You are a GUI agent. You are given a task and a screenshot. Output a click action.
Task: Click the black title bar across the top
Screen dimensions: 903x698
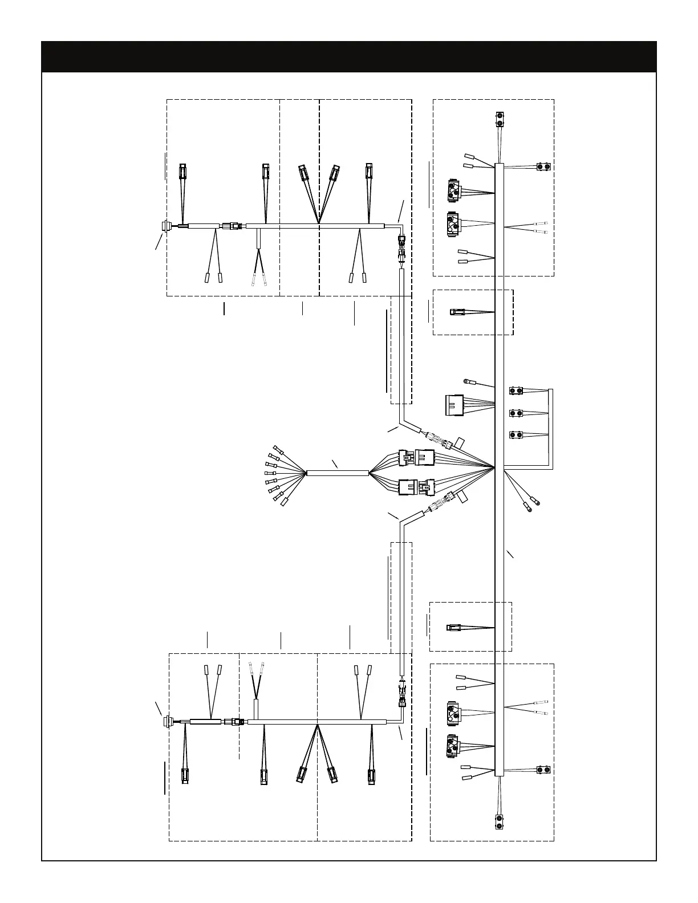pos(349,56)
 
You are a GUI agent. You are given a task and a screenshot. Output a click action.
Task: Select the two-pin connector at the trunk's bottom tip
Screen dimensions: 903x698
pos(500,822)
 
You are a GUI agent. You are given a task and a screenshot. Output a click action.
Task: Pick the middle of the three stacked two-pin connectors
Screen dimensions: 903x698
pos(516,413)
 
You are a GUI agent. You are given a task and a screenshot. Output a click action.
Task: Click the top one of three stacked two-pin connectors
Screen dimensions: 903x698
pos(516,391)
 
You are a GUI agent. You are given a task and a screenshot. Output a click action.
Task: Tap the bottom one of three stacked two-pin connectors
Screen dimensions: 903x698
pos(516,435)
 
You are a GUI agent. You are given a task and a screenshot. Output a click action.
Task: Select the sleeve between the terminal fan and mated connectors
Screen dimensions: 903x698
pos(338,473)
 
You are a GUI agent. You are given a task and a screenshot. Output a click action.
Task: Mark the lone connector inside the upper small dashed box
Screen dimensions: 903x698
pos(456,312)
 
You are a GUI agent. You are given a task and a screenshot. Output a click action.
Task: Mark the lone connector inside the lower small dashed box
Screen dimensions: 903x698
pos(453,628)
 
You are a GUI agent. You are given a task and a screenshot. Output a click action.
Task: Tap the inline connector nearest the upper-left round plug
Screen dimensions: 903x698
pos(233,226)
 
